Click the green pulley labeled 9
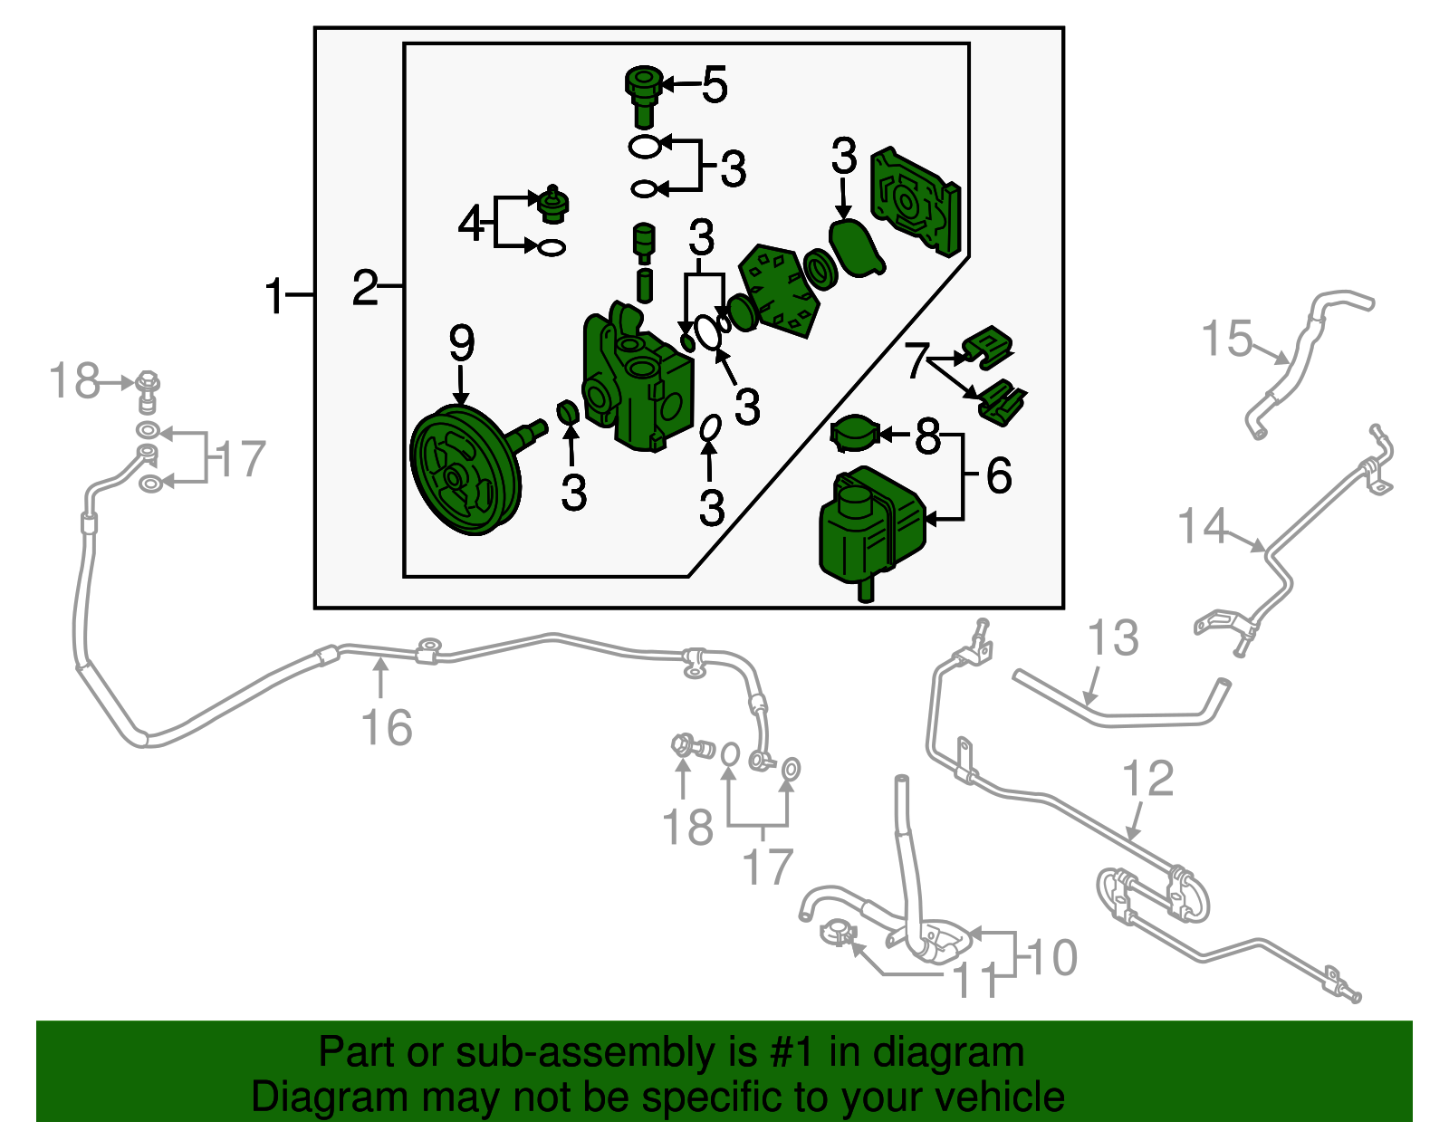pyautogui.click(x=465, y=471)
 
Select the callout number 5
pyautogui.click(x=715, y=85)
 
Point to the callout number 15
pyautogui.click(x=1227, y=340)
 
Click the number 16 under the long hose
pyautogui.click(x=387, y=727)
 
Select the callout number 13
pyautogui.click(x=1113, y=638)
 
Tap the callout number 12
pyautogui.click(x=1147, y=779)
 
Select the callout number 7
pyautogui.click(x=916, y=359)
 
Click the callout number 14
pyautogui.click(x=1203, y=526)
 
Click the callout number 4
pyautogui.click(x=471, y=223)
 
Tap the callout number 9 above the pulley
pyautogui.click(x=461, y=343)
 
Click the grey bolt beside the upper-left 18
pyautogui.click(x=149, y=388)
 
